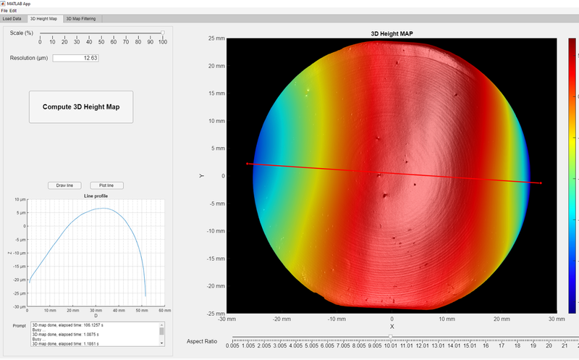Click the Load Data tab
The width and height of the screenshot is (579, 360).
click(x=12, y=18)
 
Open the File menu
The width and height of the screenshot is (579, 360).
click(x=4, y=10)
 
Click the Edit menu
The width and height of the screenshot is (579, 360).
click(x=13, y=10)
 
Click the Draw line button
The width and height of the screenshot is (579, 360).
click(x=64, y=185)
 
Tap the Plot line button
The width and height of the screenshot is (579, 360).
click(x=106, y=185)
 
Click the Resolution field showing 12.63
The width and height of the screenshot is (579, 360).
click(x=75, y=58)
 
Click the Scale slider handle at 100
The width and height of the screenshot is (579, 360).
click(x=163, y=33)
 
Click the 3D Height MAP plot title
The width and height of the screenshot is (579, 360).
click(x=392, y=34)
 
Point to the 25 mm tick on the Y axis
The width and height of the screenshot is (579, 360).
click(x=214, y=38)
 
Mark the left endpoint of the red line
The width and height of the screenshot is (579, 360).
click(x=248, y=164)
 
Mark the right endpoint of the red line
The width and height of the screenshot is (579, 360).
click(x=541, y=183)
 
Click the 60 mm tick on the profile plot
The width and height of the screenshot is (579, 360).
click(x=164, y=311)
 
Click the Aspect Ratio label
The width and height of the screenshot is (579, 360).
click(x=201, y=340)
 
